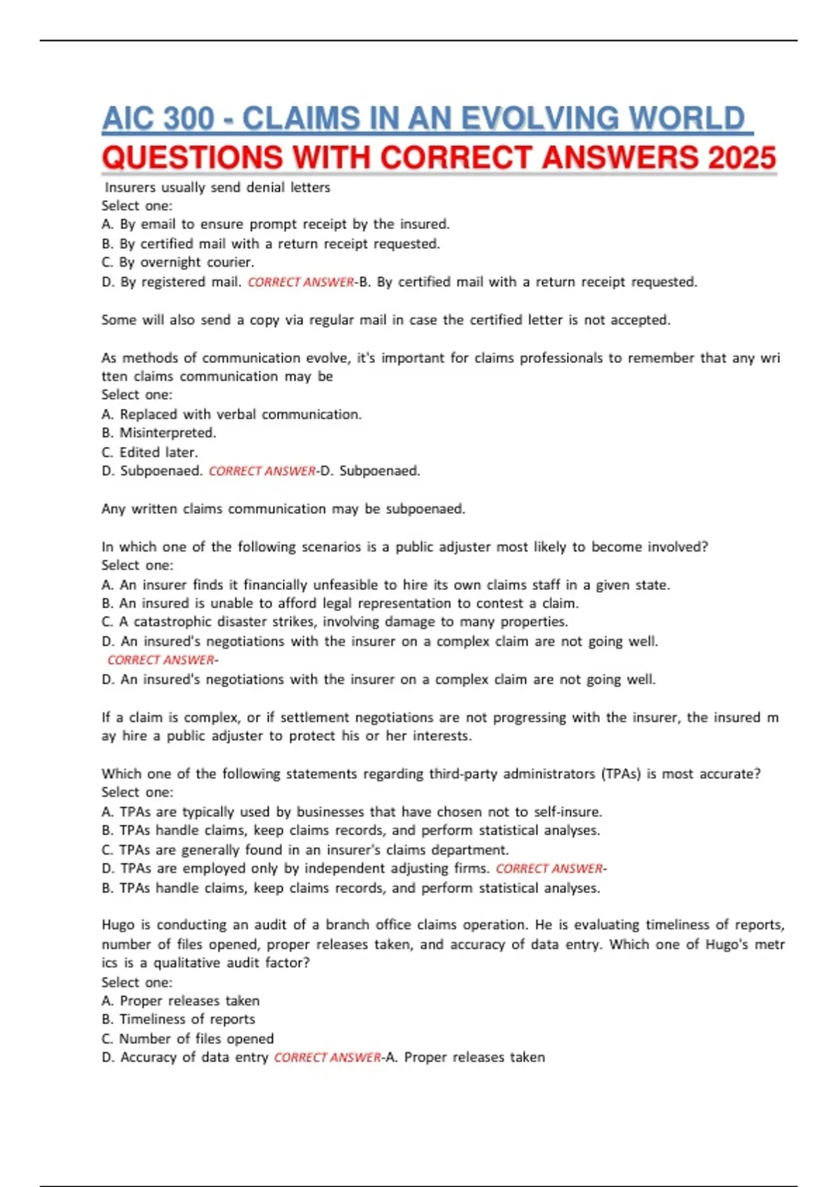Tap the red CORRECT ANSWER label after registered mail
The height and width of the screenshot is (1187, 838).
[x=301, y=282]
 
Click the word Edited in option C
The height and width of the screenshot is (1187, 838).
[x=140, y=452]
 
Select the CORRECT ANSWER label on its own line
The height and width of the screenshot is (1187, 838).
[x=161, y=660]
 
